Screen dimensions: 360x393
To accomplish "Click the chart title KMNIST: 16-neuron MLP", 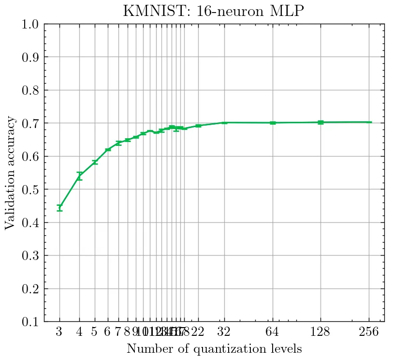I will pos(213,11).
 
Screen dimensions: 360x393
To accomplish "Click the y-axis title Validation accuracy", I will pos(11,173).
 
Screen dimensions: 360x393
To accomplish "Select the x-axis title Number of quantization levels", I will pos(214,348).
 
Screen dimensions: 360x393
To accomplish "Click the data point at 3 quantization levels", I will pos(59,208).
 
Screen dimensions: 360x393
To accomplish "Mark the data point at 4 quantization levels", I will pos(79,176).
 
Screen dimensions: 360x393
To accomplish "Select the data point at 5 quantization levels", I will pos(95,162).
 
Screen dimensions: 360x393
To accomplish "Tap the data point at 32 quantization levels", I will pos(224,123).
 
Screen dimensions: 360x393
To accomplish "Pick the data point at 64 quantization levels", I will pos(273,123).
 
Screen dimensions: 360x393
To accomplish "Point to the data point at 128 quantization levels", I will pos(320,122).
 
